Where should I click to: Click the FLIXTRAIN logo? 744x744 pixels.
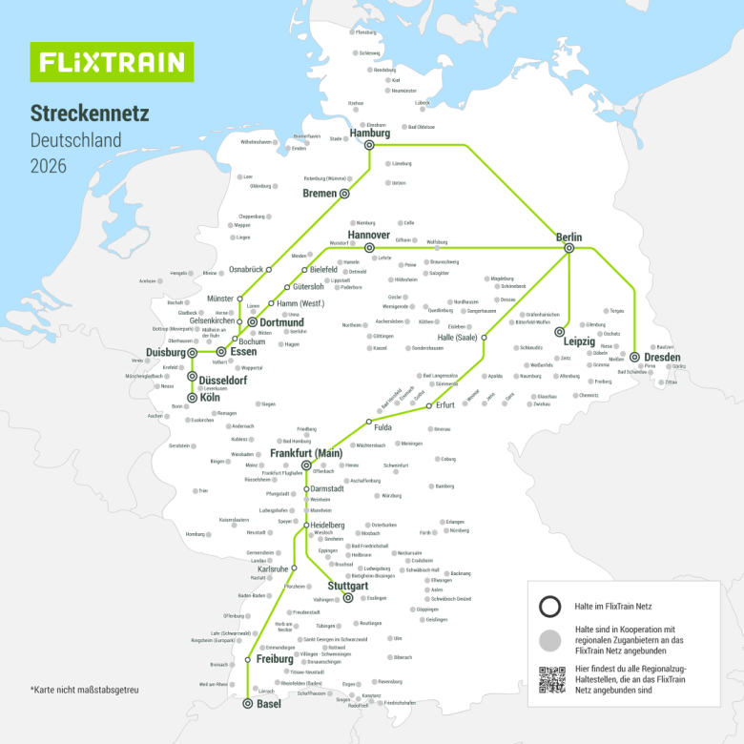click(x=112, y=62)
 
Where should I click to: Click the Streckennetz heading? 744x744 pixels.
click(x=90, y=114)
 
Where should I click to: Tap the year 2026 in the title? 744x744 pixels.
click(x=48, y=166)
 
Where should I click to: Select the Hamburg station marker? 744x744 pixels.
click(x=369, y=145)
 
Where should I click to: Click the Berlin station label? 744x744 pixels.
click(x=569, y=237)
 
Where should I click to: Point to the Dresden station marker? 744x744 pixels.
click(x=634, y=357)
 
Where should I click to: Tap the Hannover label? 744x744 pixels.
click(x=368, y=235)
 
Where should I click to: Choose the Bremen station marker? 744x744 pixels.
click(x=346, y=194)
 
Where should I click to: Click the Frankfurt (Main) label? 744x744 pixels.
click(x=306, y=453)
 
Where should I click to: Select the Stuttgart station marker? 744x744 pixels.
click(x=348, y=598)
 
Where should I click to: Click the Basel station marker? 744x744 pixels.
click(x=248, y=704)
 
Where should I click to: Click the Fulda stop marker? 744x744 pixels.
click(x=368, y=421)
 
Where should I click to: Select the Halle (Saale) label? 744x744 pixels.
click(x=456, y=338)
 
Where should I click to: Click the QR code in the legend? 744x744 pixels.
click(x=551, y=679)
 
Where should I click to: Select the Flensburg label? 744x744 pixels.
click(x=365, y=32)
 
